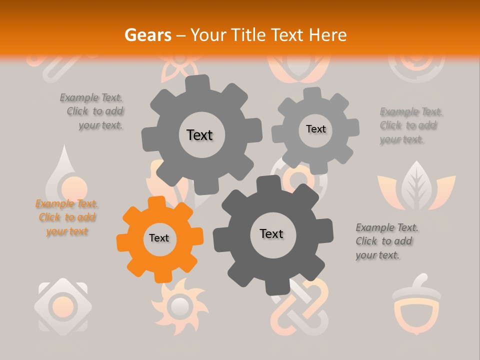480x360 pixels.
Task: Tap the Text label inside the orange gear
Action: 159,238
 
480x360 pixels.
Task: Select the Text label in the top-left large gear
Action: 199,135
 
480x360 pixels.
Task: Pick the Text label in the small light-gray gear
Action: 315,129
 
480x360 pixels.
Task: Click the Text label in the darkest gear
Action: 271,234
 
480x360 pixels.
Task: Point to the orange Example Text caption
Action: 67,217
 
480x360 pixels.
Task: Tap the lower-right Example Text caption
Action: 386,241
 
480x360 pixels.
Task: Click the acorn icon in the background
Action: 416,304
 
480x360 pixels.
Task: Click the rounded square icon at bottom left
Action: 62,304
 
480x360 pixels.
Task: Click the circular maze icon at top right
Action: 416,67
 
